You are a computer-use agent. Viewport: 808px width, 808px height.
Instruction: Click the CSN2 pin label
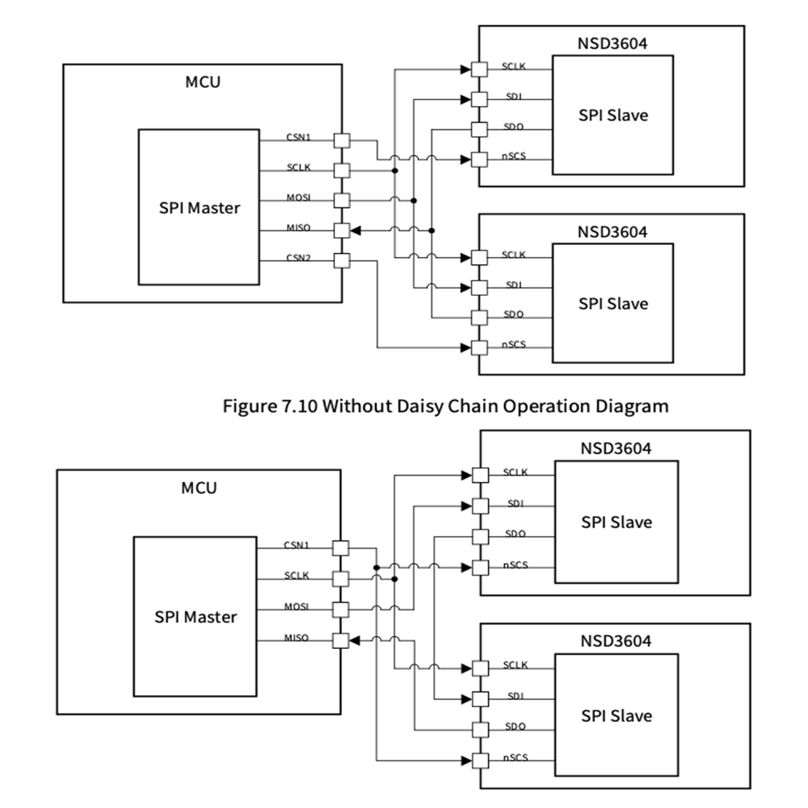(298, 258)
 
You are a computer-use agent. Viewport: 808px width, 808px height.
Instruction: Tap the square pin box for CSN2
(342, 261)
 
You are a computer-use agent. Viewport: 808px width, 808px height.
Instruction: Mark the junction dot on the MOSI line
(413, 201)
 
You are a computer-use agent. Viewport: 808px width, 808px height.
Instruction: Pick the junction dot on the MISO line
(432, 230)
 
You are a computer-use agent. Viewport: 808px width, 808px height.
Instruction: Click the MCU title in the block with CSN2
(202, 82)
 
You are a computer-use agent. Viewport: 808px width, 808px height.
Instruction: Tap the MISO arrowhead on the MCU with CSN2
(357, 230)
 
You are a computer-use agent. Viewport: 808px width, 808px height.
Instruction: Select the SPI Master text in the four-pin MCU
(195, 616)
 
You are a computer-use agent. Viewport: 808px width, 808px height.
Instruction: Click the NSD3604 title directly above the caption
(612, 231)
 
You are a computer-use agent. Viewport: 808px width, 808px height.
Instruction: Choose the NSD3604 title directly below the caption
(616, 448)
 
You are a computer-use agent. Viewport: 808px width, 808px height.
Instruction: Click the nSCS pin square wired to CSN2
(480, 347)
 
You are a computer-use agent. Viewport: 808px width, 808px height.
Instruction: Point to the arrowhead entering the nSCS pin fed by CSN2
(466, 347)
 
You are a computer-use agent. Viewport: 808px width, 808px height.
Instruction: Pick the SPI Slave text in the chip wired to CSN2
(613, 304)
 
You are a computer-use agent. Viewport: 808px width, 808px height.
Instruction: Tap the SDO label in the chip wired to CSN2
(513, 315)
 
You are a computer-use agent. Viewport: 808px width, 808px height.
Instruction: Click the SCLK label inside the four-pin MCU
(297, 575)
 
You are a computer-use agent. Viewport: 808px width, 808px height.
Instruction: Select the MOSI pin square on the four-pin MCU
(341, 609)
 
